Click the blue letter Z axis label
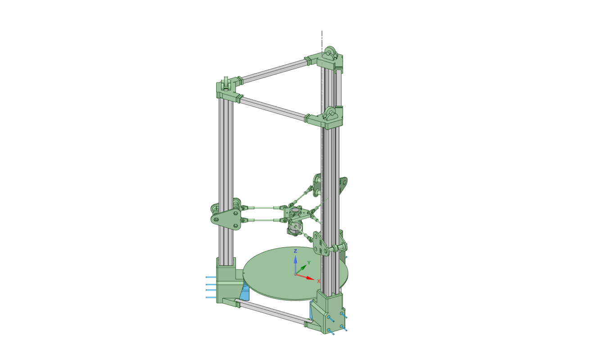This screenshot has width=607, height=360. pyautogui.click(x=295, y=251)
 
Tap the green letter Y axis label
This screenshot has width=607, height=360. pyautogui.click(x=309, y=263)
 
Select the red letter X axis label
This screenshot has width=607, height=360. pyautogui.click(x=319, y=281)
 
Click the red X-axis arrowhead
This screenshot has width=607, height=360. pyautogui.click(x=311, y=278)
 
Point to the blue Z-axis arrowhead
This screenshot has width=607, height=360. pyautogui.click(x=295, y=259)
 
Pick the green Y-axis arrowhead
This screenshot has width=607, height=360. pyautogui.click(x=304, y=268)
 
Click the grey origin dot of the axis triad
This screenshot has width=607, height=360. pyautogui.click(x=295, y=274)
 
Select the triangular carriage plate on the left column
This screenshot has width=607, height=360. pyautogui.click(x=226, y=219)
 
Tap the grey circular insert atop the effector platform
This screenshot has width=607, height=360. pyautogui.click(x=295, y=210)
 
